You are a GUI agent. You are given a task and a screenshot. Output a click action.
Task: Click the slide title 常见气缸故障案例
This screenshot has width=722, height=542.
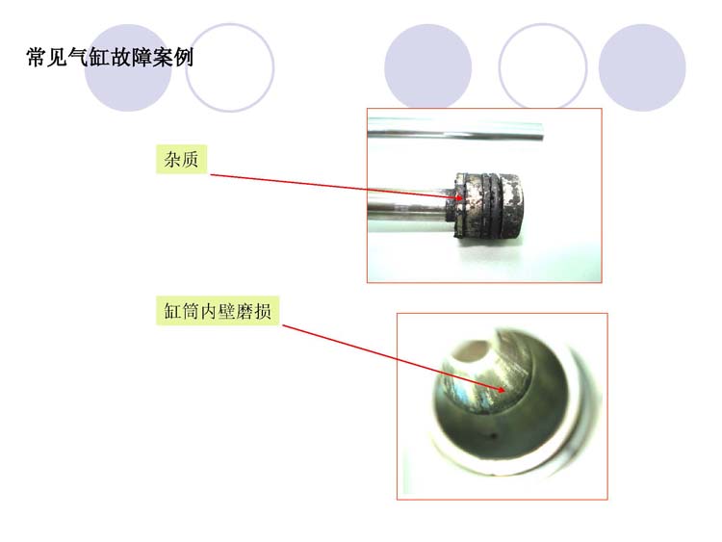point(110,57)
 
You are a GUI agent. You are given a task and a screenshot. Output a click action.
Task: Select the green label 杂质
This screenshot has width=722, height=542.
point(181,160)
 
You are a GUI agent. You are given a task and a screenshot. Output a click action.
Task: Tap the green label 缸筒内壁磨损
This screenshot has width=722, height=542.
point(218,311)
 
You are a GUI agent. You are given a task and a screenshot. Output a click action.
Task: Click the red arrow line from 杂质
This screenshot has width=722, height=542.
point(337,187)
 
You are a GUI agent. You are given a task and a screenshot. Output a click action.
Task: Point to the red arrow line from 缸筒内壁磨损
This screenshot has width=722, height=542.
point(394,358)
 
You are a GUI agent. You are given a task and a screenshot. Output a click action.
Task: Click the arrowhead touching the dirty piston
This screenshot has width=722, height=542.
point(458,198)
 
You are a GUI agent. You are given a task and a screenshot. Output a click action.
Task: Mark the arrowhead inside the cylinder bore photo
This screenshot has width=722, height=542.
point(501,390)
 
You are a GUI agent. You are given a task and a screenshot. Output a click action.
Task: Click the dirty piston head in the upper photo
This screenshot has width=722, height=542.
point(486,206)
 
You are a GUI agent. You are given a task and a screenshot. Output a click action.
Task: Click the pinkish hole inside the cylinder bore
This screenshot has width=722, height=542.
point(471,351)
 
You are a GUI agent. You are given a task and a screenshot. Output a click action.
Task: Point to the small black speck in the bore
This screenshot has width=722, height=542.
point(494,434)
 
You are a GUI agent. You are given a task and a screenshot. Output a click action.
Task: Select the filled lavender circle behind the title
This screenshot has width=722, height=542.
point(128,67)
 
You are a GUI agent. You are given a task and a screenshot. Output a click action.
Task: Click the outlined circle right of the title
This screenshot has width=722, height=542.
point(230,67)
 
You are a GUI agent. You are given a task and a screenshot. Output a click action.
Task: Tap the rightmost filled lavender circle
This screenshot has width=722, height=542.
point(642,67)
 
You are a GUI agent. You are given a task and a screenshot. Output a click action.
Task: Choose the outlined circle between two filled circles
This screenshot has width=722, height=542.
point(543,67)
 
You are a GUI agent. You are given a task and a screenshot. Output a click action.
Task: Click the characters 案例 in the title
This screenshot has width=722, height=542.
point(172,57)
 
